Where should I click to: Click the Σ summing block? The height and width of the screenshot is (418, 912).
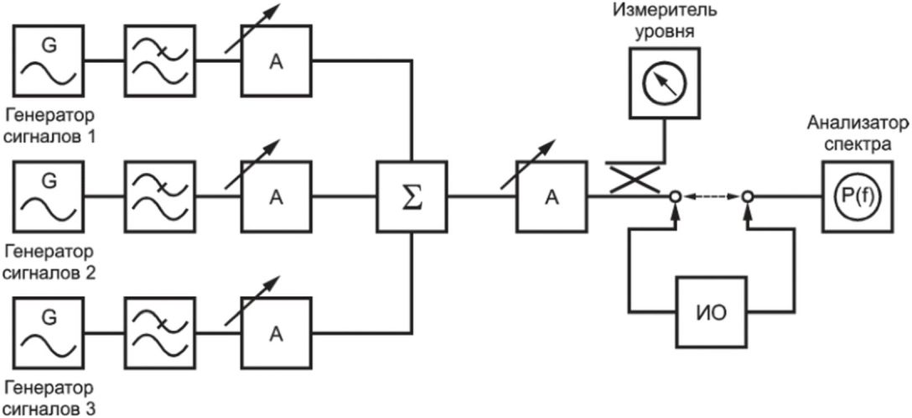click(x=412, y=196)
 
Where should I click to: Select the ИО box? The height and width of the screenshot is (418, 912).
click(x=711, y=311)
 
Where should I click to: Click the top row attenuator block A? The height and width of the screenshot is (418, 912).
click(x=277, y=60)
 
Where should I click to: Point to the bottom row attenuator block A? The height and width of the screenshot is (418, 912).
click(x=277, y=333)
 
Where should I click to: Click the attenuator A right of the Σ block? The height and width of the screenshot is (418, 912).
click(x=552, y=196)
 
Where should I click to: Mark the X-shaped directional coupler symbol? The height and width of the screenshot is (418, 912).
click(x=631, y=178)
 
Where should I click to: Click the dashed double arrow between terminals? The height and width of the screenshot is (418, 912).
click(x=711, y=196)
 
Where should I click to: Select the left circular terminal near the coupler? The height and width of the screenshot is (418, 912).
click(x=675, y=196)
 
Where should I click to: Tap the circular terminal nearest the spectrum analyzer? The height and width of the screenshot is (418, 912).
click(x=748, y=196)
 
